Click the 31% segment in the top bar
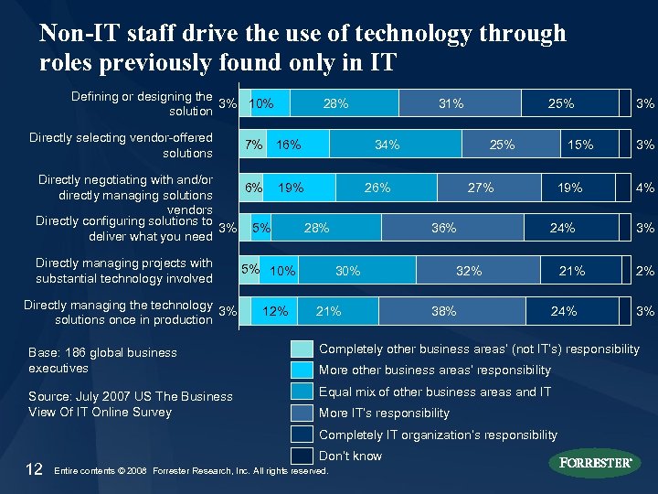[451, 103]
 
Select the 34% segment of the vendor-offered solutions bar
[387, 144]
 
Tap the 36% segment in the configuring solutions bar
[444, 228]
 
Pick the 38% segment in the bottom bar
[444, 311]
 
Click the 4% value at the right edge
[645, 188]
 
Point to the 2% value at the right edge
[645, 271]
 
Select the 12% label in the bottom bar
[275, 311]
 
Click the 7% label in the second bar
[254, 144]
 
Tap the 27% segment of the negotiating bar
[481, 188]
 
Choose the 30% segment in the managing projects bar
[348, 271]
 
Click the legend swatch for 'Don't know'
[301, 455]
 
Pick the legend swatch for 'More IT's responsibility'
[301, 413]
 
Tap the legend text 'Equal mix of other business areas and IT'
[435, 392]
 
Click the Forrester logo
[594, 463]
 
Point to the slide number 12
[34, 469]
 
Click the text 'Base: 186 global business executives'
[102, 360]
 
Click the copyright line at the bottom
[191, 471]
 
